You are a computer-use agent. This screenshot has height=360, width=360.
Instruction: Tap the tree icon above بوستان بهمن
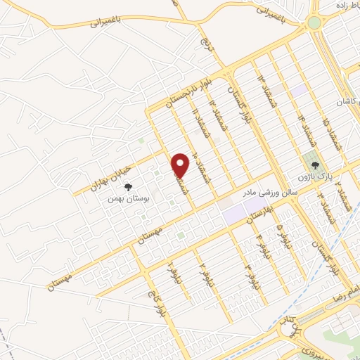[128, 187]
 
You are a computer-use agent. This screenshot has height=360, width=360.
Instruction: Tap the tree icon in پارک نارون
[314, 164]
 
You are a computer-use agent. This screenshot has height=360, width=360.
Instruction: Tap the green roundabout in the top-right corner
[314, 22]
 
